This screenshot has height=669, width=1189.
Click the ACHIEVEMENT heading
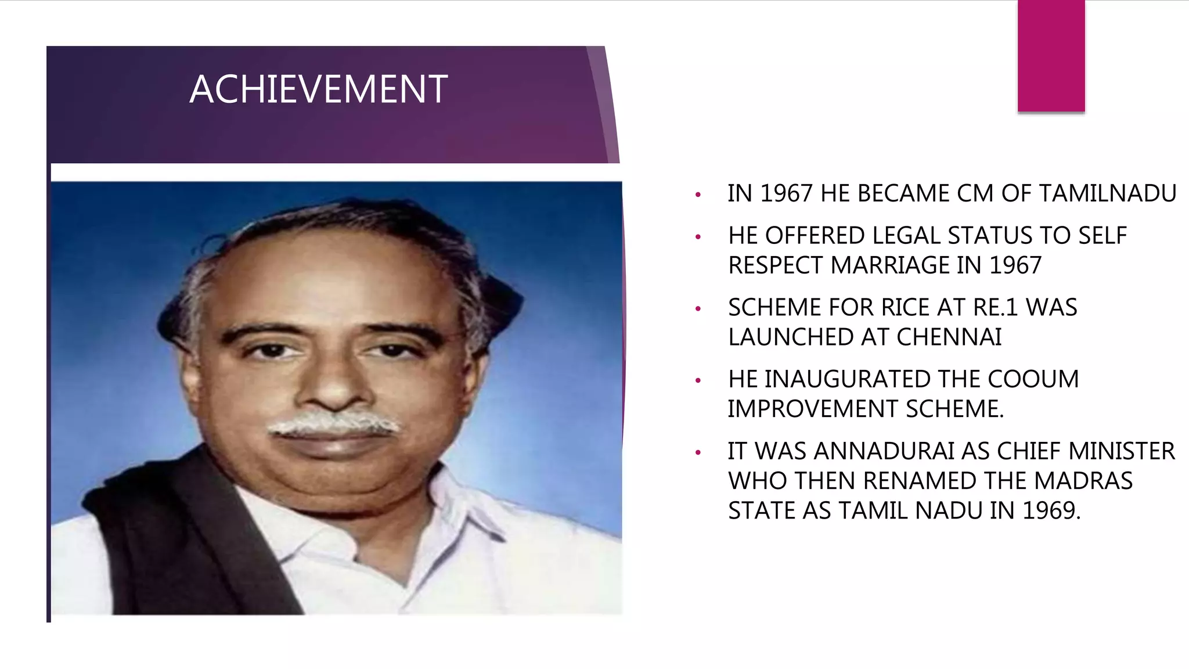pos(318,89)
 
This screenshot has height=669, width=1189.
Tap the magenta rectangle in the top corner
pos(1051,55)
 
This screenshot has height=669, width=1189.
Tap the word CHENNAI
pos(949,337)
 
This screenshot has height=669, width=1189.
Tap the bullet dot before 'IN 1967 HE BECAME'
pos(698,195)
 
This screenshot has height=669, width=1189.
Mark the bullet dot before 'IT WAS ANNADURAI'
pos(698,452)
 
